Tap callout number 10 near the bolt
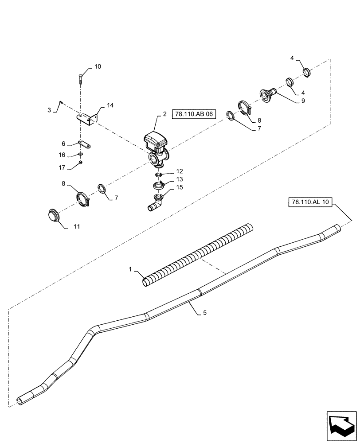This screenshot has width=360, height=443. (98, 66)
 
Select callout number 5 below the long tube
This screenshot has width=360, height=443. (204, 313)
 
